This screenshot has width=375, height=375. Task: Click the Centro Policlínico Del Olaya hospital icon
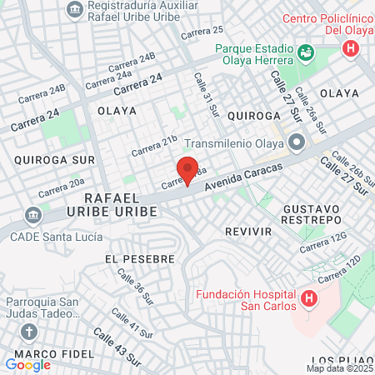[x=351, y=48]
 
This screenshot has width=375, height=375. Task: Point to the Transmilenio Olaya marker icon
[x=297, y=141]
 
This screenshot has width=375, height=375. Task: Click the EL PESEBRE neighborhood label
[x=140, y=259]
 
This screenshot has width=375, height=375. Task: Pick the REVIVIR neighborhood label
[x=247, y=228]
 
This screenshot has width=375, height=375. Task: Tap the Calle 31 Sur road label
[x=206, y=92]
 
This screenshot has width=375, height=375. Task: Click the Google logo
[x=27, y=364]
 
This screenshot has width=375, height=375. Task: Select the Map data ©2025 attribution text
[x=340, y=368]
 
